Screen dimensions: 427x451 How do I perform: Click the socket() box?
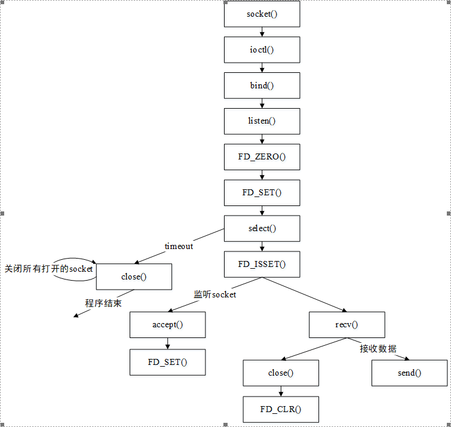(x=262, y=14)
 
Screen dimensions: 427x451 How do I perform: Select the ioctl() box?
(x=262, y=50)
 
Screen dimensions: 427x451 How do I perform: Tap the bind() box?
(x=262, y=85)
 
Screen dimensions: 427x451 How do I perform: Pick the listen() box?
(x=262, y=121)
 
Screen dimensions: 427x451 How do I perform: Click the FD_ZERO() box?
(x=262, y=156)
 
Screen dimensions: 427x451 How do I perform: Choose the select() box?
(x=262, y=228)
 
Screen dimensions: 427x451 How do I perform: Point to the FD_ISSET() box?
(x=262, y=264)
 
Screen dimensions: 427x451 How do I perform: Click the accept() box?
(x=167, y=324)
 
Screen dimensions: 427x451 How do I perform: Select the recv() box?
(x=346, y=324)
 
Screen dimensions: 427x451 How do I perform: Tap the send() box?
(x=409, y=373)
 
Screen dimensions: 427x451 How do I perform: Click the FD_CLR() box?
(x=281, y=409)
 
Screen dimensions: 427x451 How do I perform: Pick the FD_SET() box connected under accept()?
(x=167, y=362)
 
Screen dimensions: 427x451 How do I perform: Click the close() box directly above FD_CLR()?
(x=281, y=373)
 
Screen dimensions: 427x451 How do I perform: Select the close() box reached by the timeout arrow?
(x=134, y=277)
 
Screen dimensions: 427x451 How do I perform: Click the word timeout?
(x=179, y=246)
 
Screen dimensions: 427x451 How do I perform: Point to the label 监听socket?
(x=214, y=294)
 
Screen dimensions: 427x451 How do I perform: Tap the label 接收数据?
(x=378, y=349)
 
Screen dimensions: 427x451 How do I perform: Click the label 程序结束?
(x=103, y=303)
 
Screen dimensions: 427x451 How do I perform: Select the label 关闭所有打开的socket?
(x=49, y=269)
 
